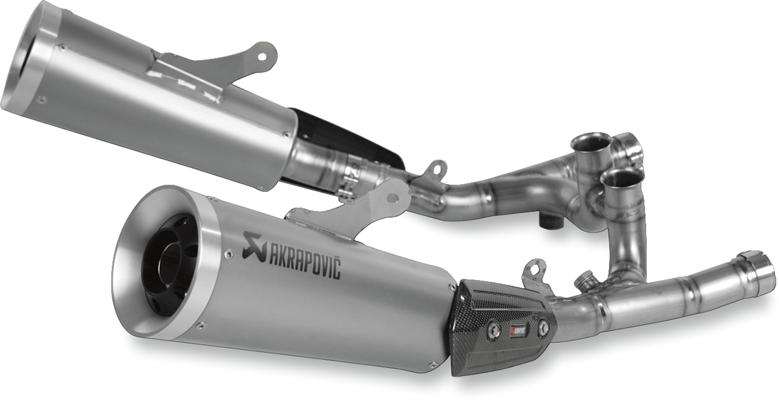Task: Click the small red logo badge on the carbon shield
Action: click(x=517, y=329)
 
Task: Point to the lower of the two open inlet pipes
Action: click(x=622, y=176)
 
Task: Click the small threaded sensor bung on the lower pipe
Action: click(x=584, y=280)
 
